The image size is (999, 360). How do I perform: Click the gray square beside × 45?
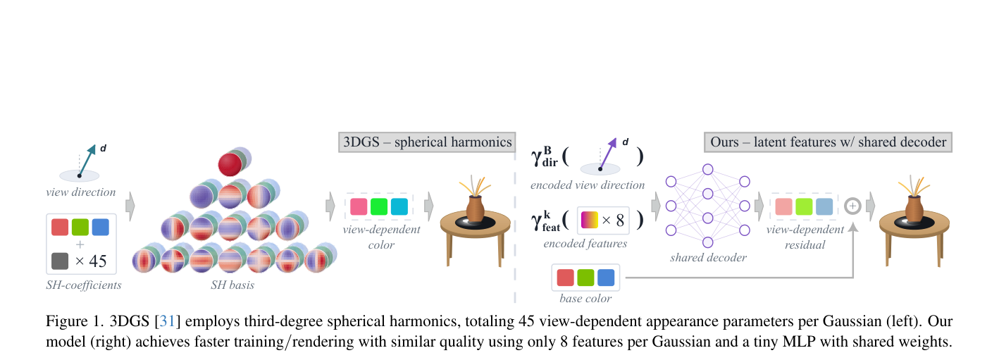click(60, 261)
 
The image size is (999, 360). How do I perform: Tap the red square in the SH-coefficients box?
click(60, 227)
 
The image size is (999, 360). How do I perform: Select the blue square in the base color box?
click(606, 278)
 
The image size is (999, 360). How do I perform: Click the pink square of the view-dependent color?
click(359, 206)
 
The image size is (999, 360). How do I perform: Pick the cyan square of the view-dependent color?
click(399, 206)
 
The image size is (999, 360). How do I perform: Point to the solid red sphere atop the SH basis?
click(230, 164)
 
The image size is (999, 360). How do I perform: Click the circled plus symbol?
click(852, 206)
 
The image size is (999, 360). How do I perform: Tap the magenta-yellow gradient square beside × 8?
click(590, 220)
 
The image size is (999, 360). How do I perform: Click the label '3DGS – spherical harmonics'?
click(427, 142)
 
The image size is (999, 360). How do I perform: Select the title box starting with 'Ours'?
click(829, 142)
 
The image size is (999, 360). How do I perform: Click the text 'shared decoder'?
click(708, 257)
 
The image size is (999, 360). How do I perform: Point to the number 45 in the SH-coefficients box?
click(98, 261)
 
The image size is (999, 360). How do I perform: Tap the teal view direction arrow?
click(87, 161)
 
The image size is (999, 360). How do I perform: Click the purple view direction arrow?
click(608, 154)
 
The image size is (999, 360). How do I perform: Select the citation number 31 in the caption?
click(167, 321)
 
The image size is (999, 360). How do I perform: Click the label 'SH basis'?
click(232, 285)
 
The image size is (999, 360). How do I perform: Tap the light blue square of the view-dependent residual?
click(824, 206)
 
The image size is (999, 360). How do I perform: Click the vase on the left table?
click(475, 208)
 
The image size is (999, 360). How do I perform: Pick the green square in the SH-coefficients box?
click(80, 227)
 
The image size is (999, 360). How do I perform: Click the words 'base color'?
click(585, 299)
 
